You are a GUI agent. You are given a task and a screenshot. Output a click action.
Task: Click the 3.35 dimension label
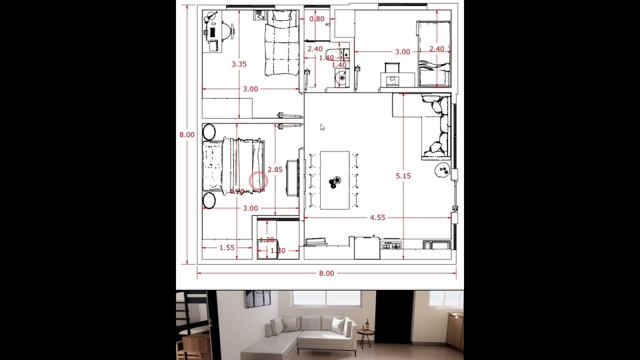click(x=239, y=64)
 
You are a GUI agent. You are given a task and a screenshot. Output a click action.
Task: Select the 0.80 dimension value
click(x=316, y=19)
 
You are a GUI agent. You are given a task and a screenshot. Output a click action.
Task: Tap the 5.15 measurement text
click(x=403, y=176)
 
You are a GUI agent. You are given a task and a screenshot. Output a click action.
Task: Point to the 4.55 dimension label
click(x=377, y=217)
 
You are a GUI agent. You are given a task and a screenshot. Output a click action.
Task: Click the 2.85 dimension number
click(x=275, y=169)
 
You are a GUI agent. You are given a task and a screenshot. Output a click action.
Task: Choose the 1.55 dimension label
click(x=227, y=247)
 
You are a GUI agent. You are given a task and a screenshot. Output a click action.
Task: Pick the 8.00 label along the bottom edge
click(x=326, y=273)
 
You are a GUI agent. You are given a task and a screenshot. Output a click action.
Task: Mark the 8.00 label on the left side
click(x=187, y=134)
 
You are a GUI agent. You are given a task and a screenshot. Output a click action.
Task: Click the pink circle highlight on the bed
click(x=258, y=181)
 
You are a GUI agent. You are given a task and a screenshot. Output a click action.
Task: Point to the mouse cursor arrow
click(x=322, y=127)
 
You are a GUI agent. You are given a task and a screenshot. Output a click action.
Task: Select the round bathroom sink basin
click(x=341, y=78)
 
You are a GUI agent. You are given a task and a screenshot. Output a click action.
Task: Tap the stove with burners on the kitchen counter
click(x=391, y=245)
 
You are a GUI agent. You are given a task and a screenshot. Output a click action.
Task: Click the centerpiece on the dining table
click(x=334, y=182)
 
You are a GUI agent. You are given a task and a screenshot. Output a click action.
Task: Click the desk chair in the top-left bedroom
click(x=228, y=31)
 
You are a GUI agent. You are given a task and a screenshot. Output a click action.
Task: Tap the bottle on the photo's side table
click(x=367, y=324)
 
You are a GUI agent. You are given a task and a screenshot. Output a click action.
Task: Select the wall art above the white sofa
click(x=257, y=299)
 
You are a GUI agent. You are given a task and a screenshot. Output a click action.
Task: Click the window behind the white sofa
click(x=326, y=298)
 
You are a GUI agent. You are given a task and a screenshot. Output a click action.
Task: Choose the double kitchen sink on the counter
click(x=436, y=245)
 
